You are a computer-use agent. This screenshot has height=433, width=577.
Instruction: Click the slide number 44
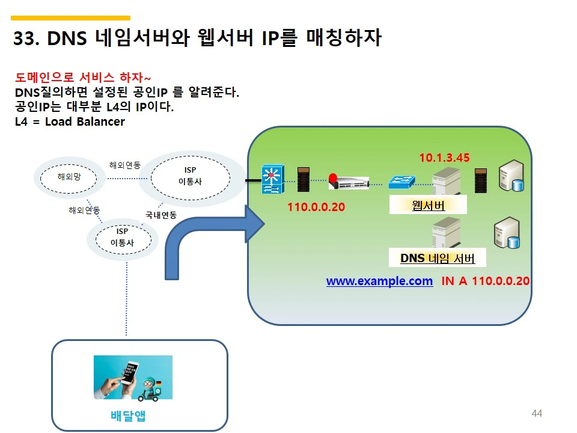[537, 413]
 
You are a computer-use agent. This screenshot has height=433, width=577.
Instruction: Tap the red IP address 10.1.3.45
[444, 158]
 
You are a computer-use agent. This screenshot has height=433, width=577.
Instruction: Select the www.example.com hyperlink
[379, 281]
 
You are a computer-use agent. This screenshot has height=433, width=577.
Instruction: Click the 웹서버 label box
[429, 206]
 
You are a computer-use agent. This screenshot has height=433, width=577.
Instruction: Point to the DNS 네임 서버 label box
[438, 259]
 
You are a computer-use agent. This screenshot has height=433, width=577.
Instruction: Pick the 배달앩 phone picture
[133, 377]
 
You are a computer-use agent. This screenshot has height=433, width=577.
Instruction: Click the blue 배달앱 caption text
[129, 416]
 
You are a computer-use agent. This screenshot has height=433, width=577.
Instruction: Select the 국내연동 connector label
[160, 215]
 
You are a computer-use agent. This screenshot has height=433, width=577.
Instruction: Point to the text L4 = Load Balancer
[70, 121]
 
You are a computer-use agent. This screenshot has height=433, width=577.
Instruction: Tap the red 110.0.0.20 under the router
[316, 207]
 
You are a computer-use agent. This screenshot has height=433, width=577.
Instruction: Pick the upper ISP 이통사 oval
[190, 176]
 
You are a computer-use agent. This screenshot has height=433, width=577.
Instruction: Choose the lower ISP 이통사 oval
[123, 237]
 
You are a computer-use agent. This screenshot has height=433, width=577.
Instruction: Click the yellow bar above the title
[70, 18]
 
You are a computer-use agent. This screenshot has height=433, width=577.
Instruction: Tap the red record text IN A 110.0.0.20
[485, 281]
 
